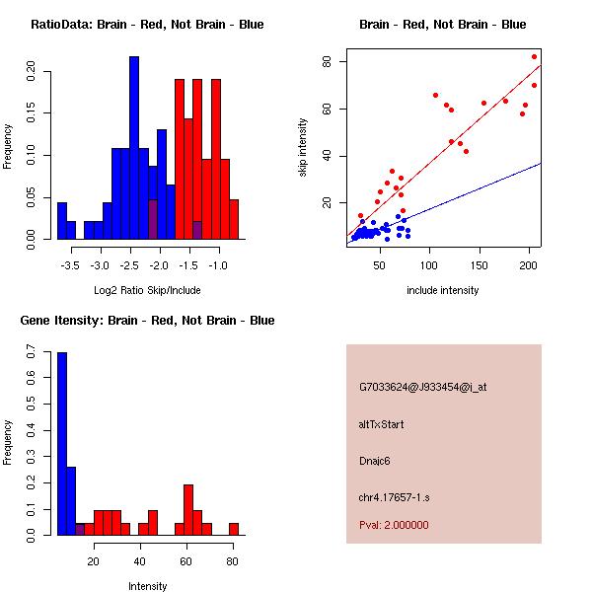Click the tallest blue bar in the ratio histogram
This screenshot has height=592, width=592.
(x=134, y=148)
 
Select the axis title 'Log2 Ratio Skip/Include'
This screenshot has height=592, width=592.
(x=147, y=290)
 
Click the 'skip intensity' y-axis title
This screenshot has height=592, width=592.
(x=303, y=148)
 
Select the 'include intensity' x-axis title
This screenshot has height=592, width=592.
(x=443, y=290)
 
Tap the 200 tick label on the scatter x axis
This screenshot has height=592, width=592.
(x=531, y=265)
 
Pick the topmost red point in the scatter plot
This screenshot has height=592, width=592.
(x=535, y=56)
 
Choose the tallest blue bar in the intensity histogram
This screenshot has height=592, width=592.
(x=62, y=444)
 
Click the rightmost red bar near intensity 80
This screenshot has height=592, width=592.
(x=234, y=529)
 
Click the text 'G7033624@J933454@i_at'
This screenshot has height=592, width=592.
(x=423, y=387)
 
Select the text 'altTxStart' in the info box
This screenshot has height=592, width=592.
(x=382, y=424)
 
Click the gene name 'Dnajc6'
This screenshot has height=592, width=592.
(x=376, y=461)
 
